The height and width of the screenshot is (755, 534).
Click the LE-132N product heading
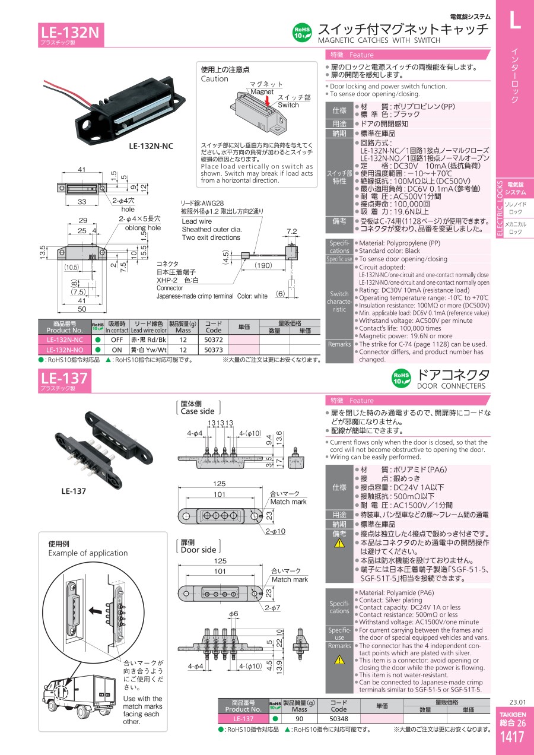[70, 33]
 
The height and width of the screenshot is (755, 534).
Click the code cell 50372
[213, 340]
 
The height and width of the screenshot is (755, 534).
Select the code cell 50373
[213, 350]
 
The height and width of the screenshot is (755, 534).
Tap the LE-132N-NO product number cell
[64, 350]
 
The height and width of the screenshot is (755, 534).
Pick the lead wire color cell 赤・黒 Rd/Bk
[148, 340]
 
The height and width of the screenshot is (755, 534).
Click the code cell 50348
[339, 719]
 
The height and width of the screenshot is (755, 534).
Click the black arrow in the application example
[96, 610]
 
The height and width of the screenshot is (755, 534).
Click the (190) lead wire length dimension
[263, 265]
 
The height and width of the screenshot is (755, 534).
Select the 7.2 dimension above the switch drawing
[292, 231]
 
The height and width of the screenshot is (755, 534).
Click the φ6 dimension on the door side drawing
[234, 614]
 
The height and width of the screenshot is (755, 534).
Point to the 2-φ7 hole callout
[272, 608]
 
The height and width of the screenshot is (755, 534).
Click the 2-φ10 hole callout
[275, 531]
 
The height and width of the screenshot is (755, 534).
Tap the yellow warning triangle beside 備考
[339, 543]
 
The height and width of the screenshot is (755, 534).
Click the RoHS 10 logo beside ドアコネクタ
[401, 378]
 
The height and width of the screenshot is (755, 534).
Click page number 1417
[512, 737]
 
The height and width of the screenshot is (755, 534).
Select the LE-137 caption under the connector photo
[74, 491]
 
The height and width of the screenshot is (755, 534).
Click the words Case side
[198, 411]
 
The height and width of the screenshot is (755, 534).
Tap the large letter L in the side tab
[514, 20]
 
